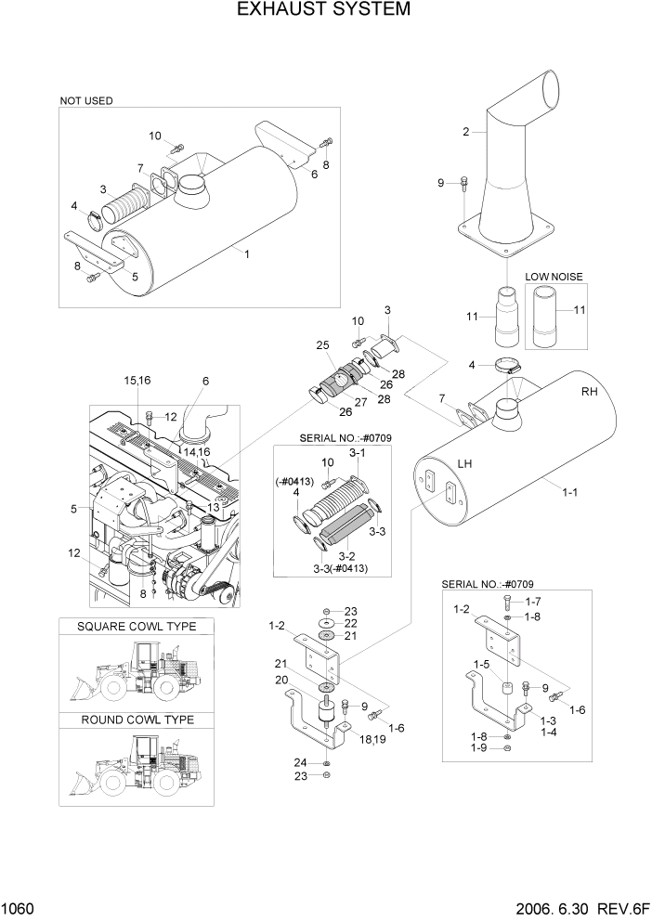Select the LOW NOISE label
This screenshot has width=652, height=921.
coord(554,277)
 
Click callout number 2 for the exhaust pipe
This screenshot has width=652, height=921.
coord(465,132)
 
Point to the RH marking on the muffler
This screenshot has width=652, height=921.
coord(589,392)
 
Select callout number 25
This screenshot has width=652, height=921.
coord(322,345)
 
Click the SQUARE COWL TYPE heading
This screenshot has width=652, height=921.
coord(136,627)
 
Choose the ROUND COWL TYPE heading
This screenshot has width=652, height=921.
coord(137,720)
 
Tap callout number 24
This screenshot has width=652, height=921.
coord(299,763)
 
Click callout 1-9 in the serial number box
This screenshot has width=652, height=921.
coord(478,748)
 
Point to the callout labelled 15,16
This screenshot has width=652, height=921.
coord(137,381)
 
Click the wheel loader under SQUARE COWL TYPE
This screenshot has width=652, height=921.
coord(136,673)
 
